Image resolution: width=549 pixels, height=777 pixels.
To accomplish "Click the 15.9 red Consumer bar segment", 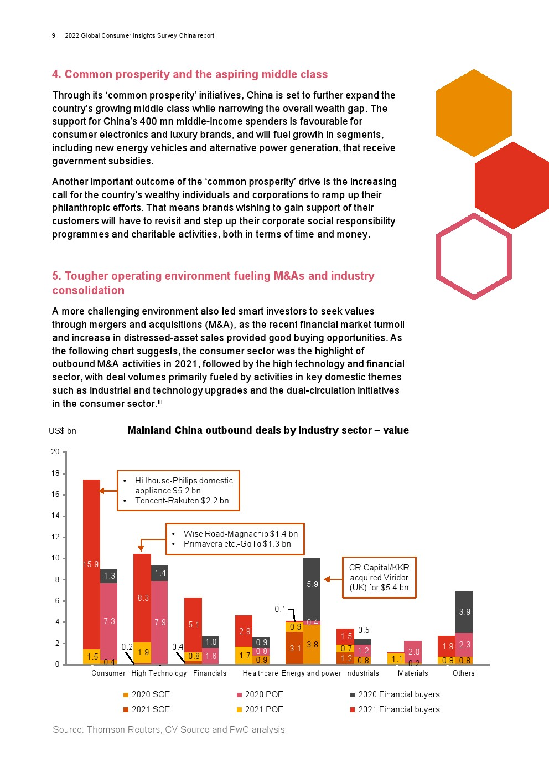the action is click(91, 564).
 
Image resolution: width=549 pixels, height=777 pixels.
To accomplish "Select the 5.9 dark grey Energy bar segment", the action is click(312, 589).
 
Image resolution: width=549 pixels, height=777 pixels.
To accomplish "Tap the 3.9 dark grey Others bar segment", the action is click(464, 612).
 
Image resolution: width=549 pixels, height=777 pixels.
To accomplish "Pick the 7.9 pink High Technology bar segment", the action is click(159, 622).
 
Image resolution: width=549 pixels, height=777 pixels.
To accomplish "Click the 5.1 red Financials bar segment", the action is click(193, 625).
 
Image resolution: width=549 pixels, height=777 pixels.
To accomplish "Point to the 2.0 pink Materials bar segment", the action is click(413, 652).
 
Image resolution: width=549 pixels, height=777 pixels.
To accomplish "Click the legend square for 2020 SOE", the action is click(126, 695).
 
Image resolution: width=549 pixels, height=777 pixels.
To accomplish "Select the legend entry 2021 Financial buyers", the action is click(395, 709).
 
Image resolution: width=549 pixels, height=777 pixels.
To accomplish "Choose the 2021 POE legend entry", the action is click(260, 709).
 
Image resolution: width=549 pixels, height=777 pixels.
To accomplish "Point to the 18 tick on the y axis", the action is click(64, 473).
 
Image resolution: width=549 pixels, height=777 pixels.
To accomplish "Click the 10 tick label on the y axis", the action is click(55, 558).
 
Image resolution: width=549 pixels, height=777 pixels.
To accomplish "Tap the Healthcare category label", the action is click(260, 673).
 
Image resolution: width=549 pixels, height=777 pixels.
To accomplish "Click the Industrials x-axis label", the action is click(362, 673).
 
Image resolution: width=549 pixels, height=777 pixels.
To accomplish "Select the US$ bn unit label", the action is click(63, 431).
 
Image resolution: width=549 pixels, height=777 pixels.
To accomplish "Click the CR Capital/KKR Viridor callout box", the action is click(379, 578).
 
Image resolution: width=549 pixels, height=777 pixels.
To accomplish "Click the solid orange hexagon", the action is click(474, 113).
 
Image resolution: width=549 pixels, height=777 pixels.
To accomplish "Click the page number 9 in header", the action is click(53, 35).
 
